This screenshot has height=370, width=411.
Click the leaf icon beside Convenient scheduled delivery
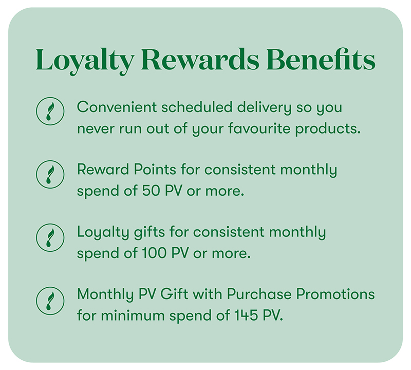tap(50, 111)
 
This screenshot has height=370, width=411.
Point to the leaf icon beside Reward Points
tap(50, 174)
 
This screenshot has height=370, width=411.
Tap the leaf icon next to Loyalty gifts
tap(50, 237)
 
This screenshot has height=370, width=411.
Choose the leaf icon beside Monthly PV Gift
tap(50, 301)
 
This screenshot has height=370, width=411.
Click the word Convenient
tap(117, 107)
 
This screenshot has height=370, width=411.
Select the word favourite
tap(259, 128)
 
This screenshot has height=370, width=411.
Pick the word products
tap(328, 129)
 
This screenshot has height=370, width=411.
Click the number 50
tap(151, 191)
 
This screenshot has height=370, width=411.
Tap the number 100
tap(154, 253)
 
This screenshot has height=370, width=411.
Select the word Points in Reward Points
tap(155, 170)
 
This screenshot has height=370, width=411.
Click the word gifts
tap(150, 233)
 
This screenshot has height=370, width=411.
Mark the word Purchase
tap(259, 294)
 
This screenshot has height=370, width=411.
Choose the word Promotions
tap(335, 294)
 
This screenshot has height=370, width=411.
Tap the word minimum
tap(133, 315)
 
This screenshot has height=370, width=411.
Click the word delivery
tap(264, 108)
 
